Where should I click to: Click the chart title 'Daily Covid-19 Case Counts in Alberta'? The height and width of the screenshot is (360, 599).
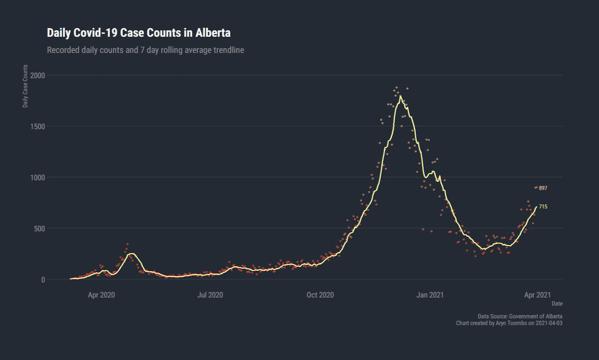pyautogui.click(x=139, y=33)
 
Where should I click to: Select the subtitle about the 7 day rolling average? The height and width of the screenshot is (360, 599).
pyautogui.click(x=146, y=50)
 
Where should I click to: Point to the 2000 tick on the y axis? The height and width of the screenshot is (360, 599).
pyautogui.click(x=38, y=75)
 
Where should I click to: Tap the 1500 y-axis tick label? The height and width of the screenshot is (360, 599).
pyautogui.click(x=38, y=126)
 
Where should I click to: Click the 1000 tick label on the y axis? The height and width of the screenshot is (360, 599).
pyautogui.click(x=38, y=177)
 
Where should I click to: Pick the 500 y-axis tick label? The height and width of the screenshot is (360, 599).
pyautogui.click(x=40, y=228)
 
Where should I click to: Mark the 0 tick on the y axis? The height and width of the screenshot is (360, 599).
pyautogui.click(x=43, y=279)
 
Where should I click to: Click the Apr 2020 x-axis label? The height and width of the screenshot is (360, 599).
pyautogui.click(x=102, y=295)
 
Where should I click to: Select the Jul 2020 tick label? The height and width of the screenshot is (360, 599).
pyautogui.click(x=210, y=295)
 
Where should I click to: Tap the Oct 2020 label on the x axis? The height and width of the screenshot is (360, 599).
pyautogui.click(x=320, y=295)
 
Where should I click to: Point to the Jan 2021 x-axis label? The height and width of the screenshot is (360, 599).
pyautogui.click(x=430, y=295)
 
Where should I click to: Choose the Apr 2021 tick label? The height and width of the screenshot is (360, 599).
pyautogui.click(x=537, y=295)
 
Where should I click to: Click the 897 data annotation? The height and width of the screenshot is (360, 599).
pyautogui.click(x=543, y=188)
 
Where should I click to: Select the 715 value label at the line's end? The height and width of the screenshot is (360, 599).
pyautogui.click(x=543, y=206)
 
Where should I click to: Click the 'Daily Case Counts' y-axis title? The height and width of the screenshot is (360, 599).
pyautogui.click(x=25, y=86)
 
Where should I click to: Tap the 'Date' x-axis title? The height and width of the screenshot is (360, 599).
pyautogui.click(x=557, y=304)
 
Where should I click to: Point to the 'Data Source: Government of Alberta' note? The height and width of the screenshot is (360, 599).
pyautogui.click(x=520, y=316)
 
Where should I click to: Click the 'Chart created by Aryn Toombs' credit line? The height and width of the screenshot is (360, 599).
pyautogui.click(x=509, y=323)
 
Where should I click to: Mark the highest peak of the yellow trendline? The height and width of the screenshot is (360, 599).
pyautogui.click(x=400, y=96)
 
